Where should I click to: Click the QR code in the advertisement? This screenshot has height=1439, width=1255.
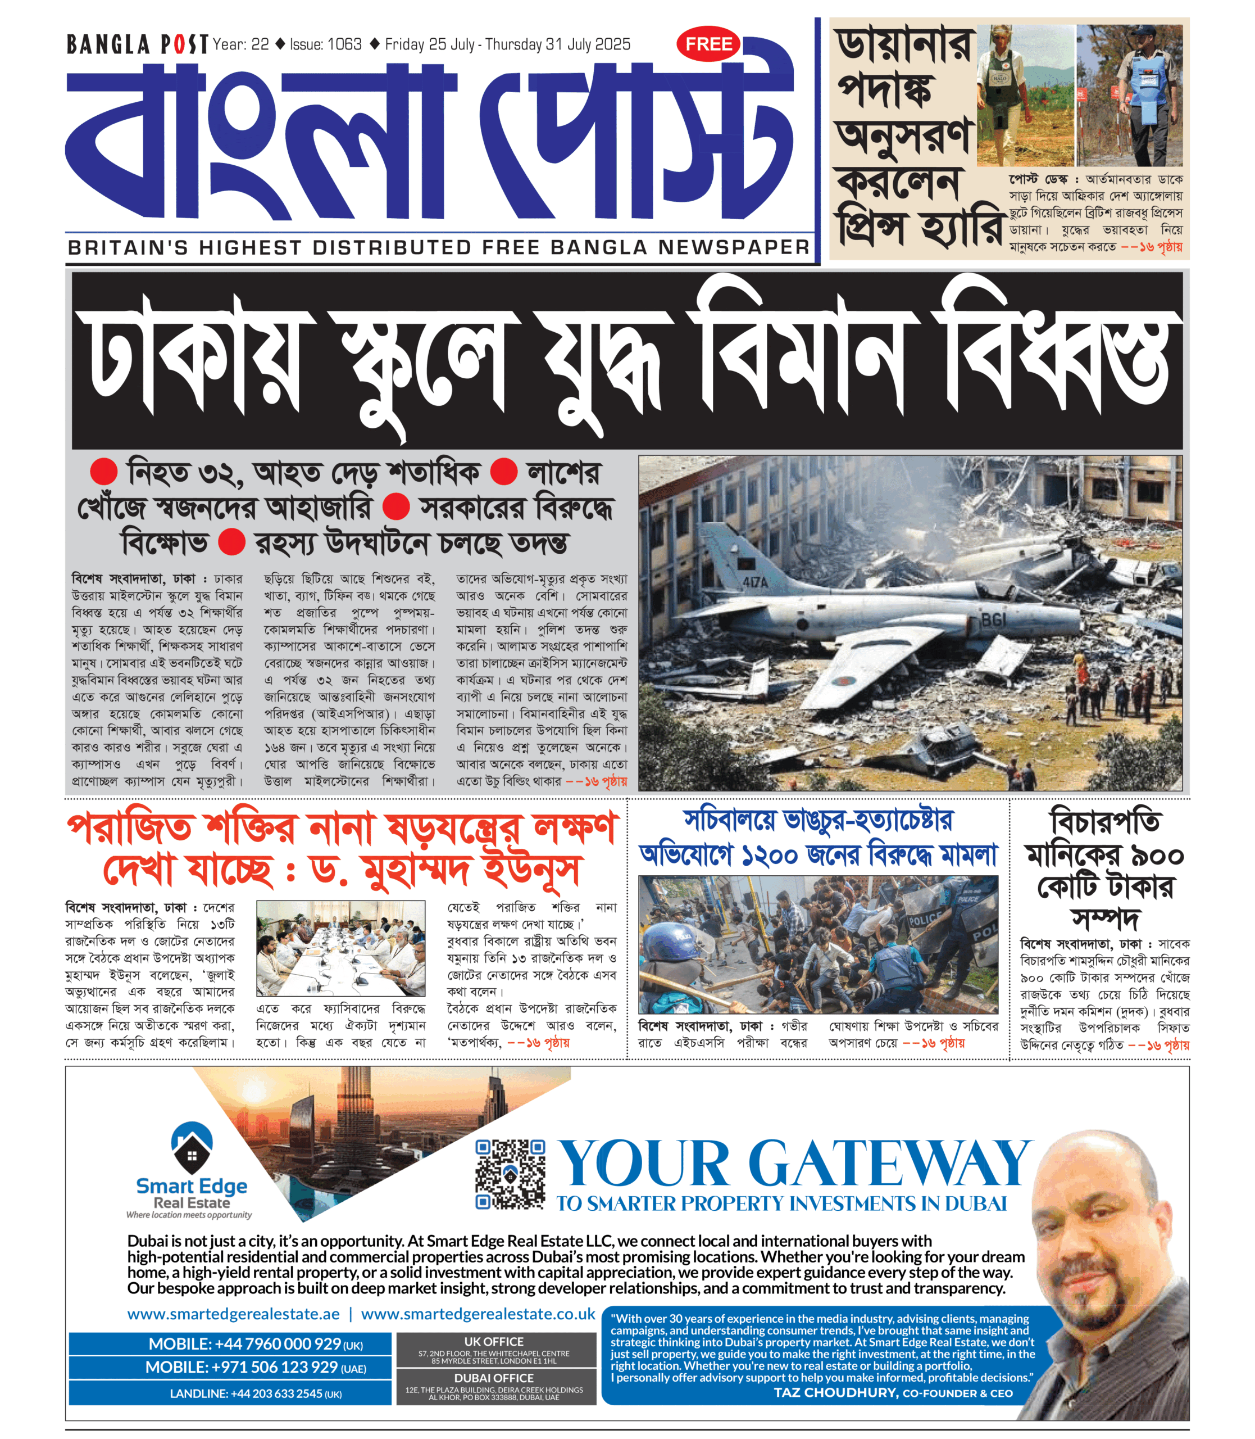(x=510, y=1174)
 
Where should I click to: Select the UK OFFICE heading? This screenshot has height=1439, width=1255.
(x=494, y=1342)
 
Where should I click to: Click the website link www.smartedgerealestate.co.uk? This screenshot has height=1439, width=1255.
(x=478, y=1314)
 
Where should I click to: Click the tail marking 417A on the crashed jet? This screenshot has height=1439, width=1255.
(x=755, y=582)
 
